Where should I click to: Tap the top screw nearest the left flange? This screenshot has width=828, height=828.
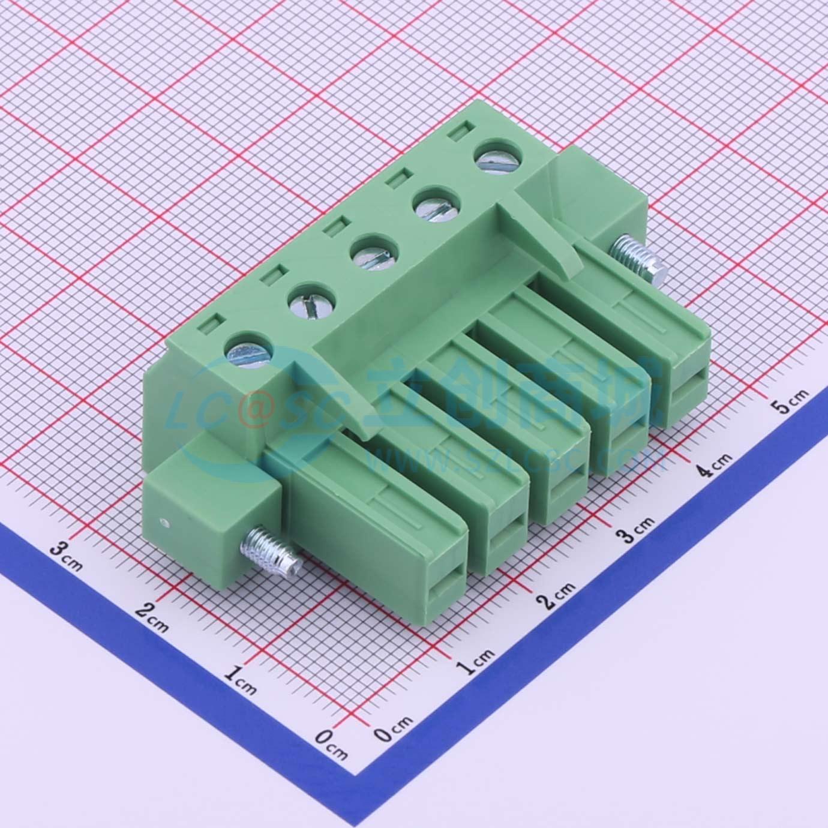[248, 350]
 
